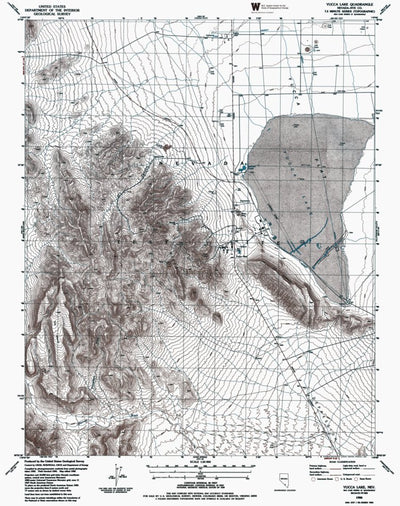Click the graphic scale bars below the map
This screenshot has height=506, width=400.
tap(200, 464)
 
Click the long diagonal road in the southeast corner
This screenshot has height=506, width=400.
tap(320, 380)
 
